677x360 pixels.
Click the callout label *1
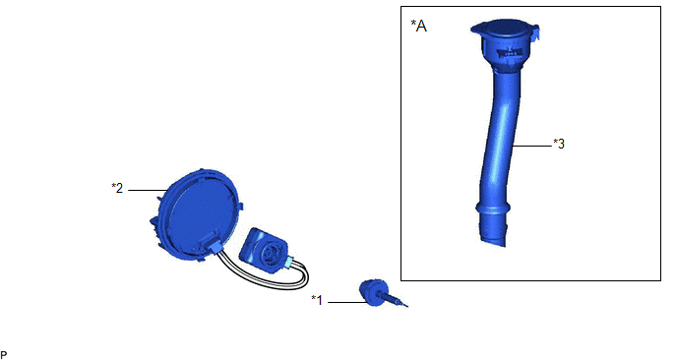pyautogui.click(x=317, y=300)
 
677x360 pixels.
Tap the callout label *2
pyautogui.click(x=117, y=188)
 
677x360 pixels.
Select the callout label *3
pyautogui.click(x=559, y=144)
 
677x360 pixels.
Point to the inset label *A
pyautogui.click(x=418, y=26)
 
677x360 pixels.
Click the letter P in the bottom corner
pyautogui.click(x=4, y=355)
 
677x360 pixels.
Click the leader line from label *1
pyautogui.click(x=347, y=302)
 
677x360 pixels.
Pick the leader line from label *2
pyautogui.click(x=148, y=190)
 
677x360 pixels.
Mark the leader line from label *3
pyautogui.click(x=532, y=146)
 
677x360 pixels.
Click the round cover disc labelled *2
pyautogui.click(x=200, y=212)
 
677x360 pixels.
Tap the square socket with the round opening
pyautogui.click(x=264, y=251)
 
